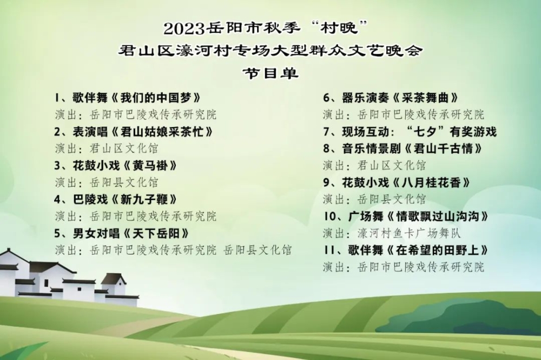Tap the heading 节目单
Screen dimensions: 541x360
[270, 73]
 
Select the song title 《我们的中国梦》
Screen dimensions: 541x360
[156, 98]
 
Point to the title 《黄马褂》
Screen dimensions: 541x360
[144, 166]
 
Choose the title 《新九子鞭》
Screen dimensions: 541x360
[144, 199]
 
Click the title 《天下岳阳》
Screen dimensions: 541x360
[156, 234]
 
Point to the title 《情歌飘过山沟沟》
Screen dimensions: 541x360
[438, 217]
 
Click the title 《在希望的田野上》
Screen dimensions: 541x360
[438, 250]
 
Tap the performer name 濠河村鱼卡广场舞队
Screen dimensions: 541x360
[409, 234]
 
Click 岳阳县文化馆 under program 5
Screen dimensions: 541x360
[258, 250]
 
